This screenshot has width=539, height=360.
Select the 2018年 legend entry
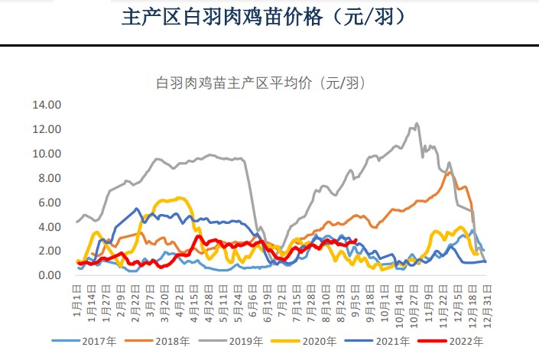163,342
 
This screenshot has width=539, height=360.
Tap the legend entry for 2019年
241,342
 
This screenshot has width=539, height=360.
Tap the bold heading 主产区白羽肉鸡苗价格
268,17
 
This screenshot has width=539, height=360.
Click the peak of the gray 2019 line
417,123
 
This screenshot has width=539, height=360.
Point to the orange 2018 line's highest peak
447,171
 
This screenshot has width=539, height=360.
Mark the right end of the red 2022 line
356,241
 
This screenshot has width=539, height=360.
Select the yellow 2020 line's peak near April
180,198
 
